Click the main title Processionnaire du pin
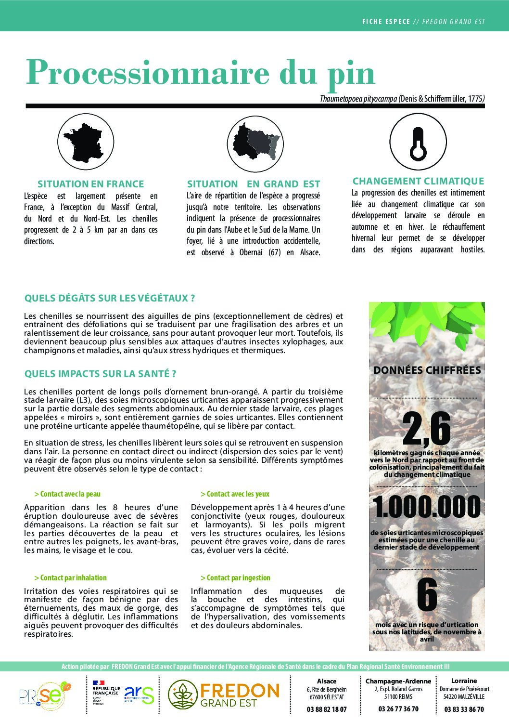point(200,73)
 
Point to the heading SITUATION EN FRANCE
point(91,184)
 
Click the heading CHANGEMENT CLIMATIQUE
point(418,181)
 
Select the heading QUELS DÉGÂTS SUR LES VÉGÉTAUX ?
point(110,298)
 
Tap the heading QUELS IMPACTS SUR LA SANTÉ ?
point(100,374)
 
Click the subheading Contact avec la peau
point(67,494)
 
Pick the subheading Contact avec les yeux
point(235,494)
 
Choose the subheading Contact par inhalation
point(70,577)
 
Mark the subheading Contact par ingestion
point(235,577)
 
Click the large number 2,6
point(426,429)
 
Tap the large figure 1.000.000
point(426,507)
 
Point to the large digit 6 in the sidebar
point(427,594)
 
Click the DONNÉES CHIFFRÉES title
point(427,370)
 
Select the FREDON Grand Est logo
point(224,695)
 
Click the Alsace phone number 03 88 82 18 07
point(327,709)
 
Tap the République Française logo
point(106,692)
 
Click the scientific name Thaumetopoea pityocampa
point(358,99)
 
